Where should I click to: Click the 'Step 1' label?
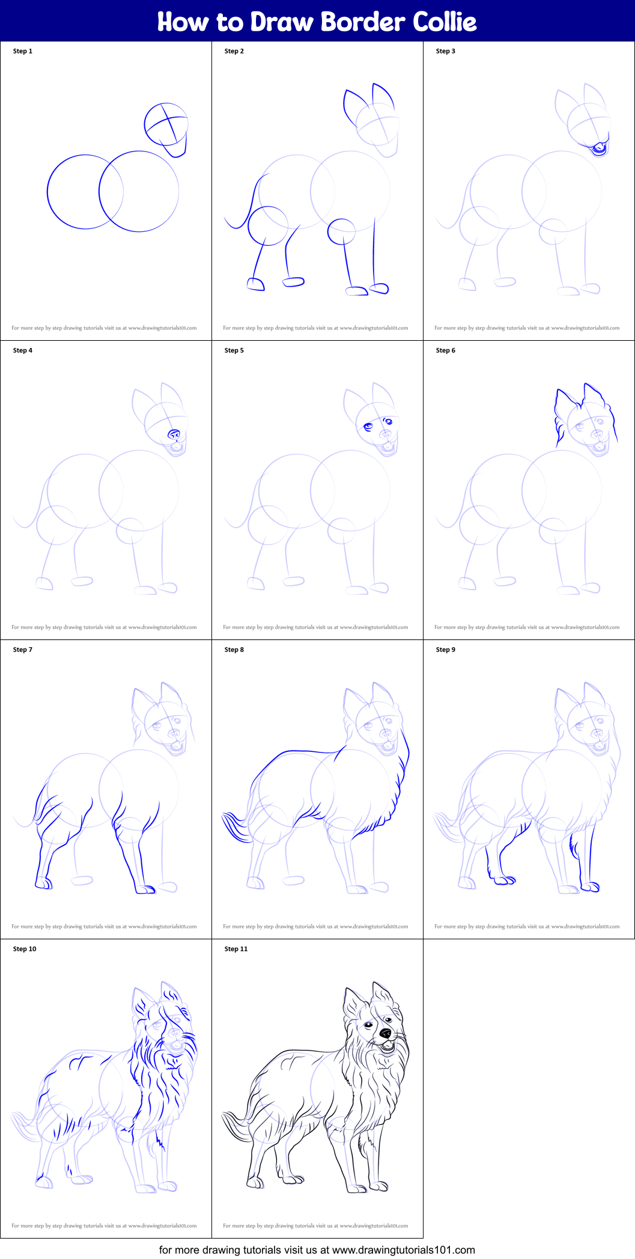click(x=23, y=51)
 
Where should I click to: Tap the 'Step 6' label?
click(x=445, y=350)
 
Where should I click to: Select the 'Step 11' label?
click(x=235, y=949)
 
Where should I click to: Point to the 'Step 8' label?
click(x=234, y=650)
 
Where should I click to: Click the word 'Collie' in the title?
click(x=445, y=22)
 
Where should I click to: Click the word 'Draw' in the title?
click(x=282, y=22)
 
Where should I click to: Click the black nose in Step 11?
click(x=385, y=1034)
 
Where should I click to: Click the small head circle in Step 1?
click(x=166, y=124)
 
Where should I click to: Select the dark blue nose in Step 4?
click(x=174, y=434)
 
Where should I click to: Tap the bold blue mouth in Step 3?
click(x=599, y=147)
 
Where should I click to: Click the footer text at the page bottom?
click(x=317, y=1249)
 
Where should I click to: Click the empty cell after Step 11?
click(x=529, y=1088)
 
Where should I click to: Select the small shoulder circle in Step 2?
click(x=341, y=231)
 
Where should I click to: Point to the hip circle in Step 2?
click(x=267, y=226)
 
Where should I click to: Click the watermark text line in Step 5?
click(x=315, y=627)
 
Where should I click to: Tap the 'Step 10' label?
click(x=25, y=949)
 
